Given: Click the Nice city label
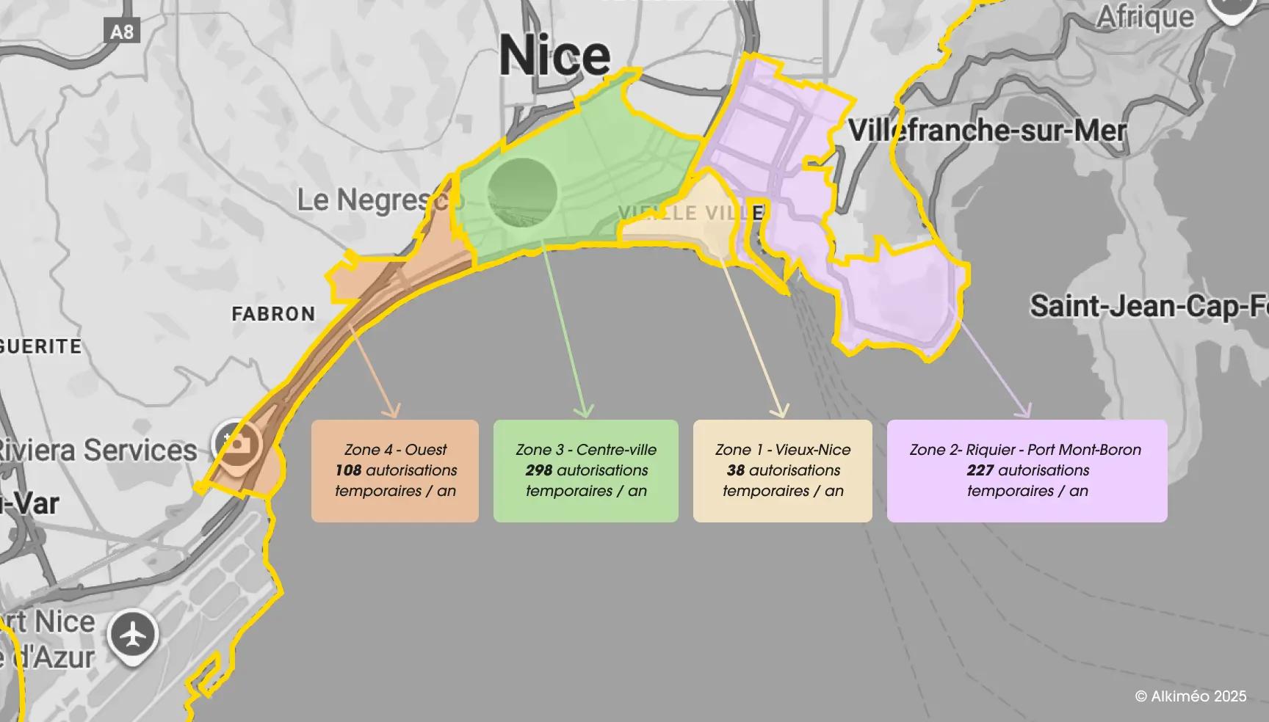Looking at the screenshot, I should [x=554, y=56].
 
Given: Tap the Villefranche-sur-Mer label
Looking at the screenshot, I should [x=987, y=131].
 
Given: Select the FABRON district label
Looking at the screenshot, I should [x=273, y=314].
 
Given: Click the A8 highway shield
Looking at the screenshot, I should [x=122, y=32].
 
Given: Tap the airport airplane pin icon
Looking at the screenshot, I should [x=133, y=635].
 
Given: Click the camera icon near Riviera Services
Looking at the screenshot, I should [x=235, y=443].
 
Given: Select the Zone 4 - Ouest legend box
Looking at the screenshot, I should [x=395, y=471].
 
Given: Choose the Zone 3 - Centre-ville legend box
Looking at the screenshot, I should [x=586, y=471].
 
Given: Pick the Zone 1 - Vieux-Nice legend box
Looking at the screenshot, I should [x=783, y=471].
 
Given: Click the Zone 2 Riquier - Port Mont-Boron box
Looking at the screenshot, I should [x=1027, y=471].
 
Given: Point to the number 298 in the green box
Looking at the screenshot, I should [x=538, y=470].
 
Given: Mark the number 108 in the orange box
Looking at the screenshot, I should [x=348, y=470].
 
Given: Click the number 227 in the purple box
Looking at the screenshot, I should [x=980, y=470].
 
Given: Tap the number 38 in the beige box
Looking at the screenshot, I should [x=735, y=470].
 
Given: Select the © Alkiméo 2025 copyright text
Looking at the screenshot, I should [x=1190, y=696].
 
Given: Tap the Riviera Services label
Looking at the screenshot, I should [x=97, y=450].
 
